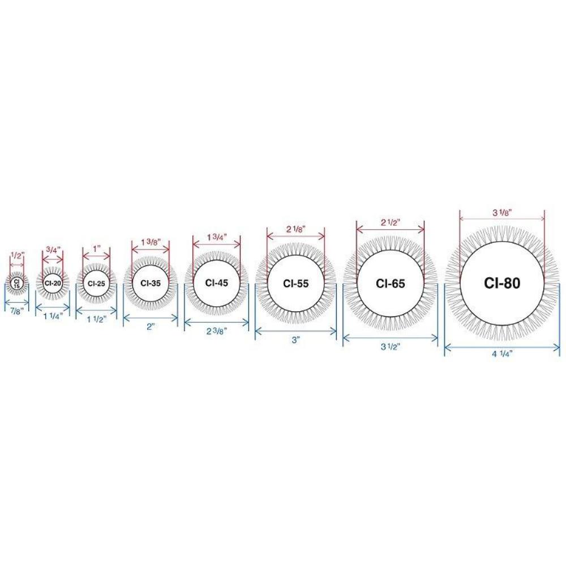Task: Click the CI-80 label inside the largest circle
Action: click(x=502, y=284)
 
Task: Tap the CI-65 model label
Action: click(x=390, y=284)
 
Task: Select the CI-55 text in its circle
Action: click(x=295, y=284)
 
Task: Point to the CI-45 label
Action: click(x=217, y=282)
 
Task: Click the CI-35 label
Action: click(x=151, y=284)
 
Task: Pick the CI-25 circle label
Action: click(x=96, y=284)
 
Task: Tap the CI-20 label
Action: click(x=53, y=283)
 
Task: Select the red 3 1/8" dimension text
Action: click(x=501, y=213)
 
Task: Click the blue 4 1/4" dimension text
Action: click(x=502, y=354)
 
